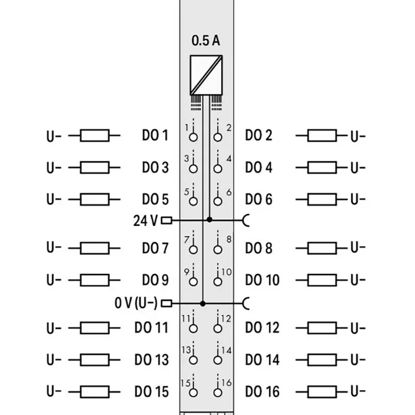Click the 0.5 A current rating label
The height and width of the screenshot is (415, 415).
205,41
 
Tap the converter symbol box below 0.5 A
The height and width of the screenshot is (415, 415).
205,74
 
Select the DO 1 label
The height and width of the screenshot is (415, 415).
155,136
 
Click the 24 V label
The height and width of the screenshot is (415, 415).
145,220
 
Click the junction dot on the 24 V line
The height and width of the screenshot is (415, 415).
209,220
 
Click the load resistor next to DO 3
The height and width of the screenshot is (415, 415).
95,168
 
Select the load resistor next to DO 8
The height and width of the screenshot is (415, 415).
322,247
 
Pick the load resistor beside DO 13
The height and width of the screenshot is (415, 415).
95,359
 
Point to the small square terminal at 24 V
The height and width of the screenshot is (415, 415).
167,220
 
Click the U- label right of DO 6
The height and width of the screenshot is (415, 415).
358,200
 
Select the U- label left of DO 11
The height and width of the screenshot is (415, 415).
54,328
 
